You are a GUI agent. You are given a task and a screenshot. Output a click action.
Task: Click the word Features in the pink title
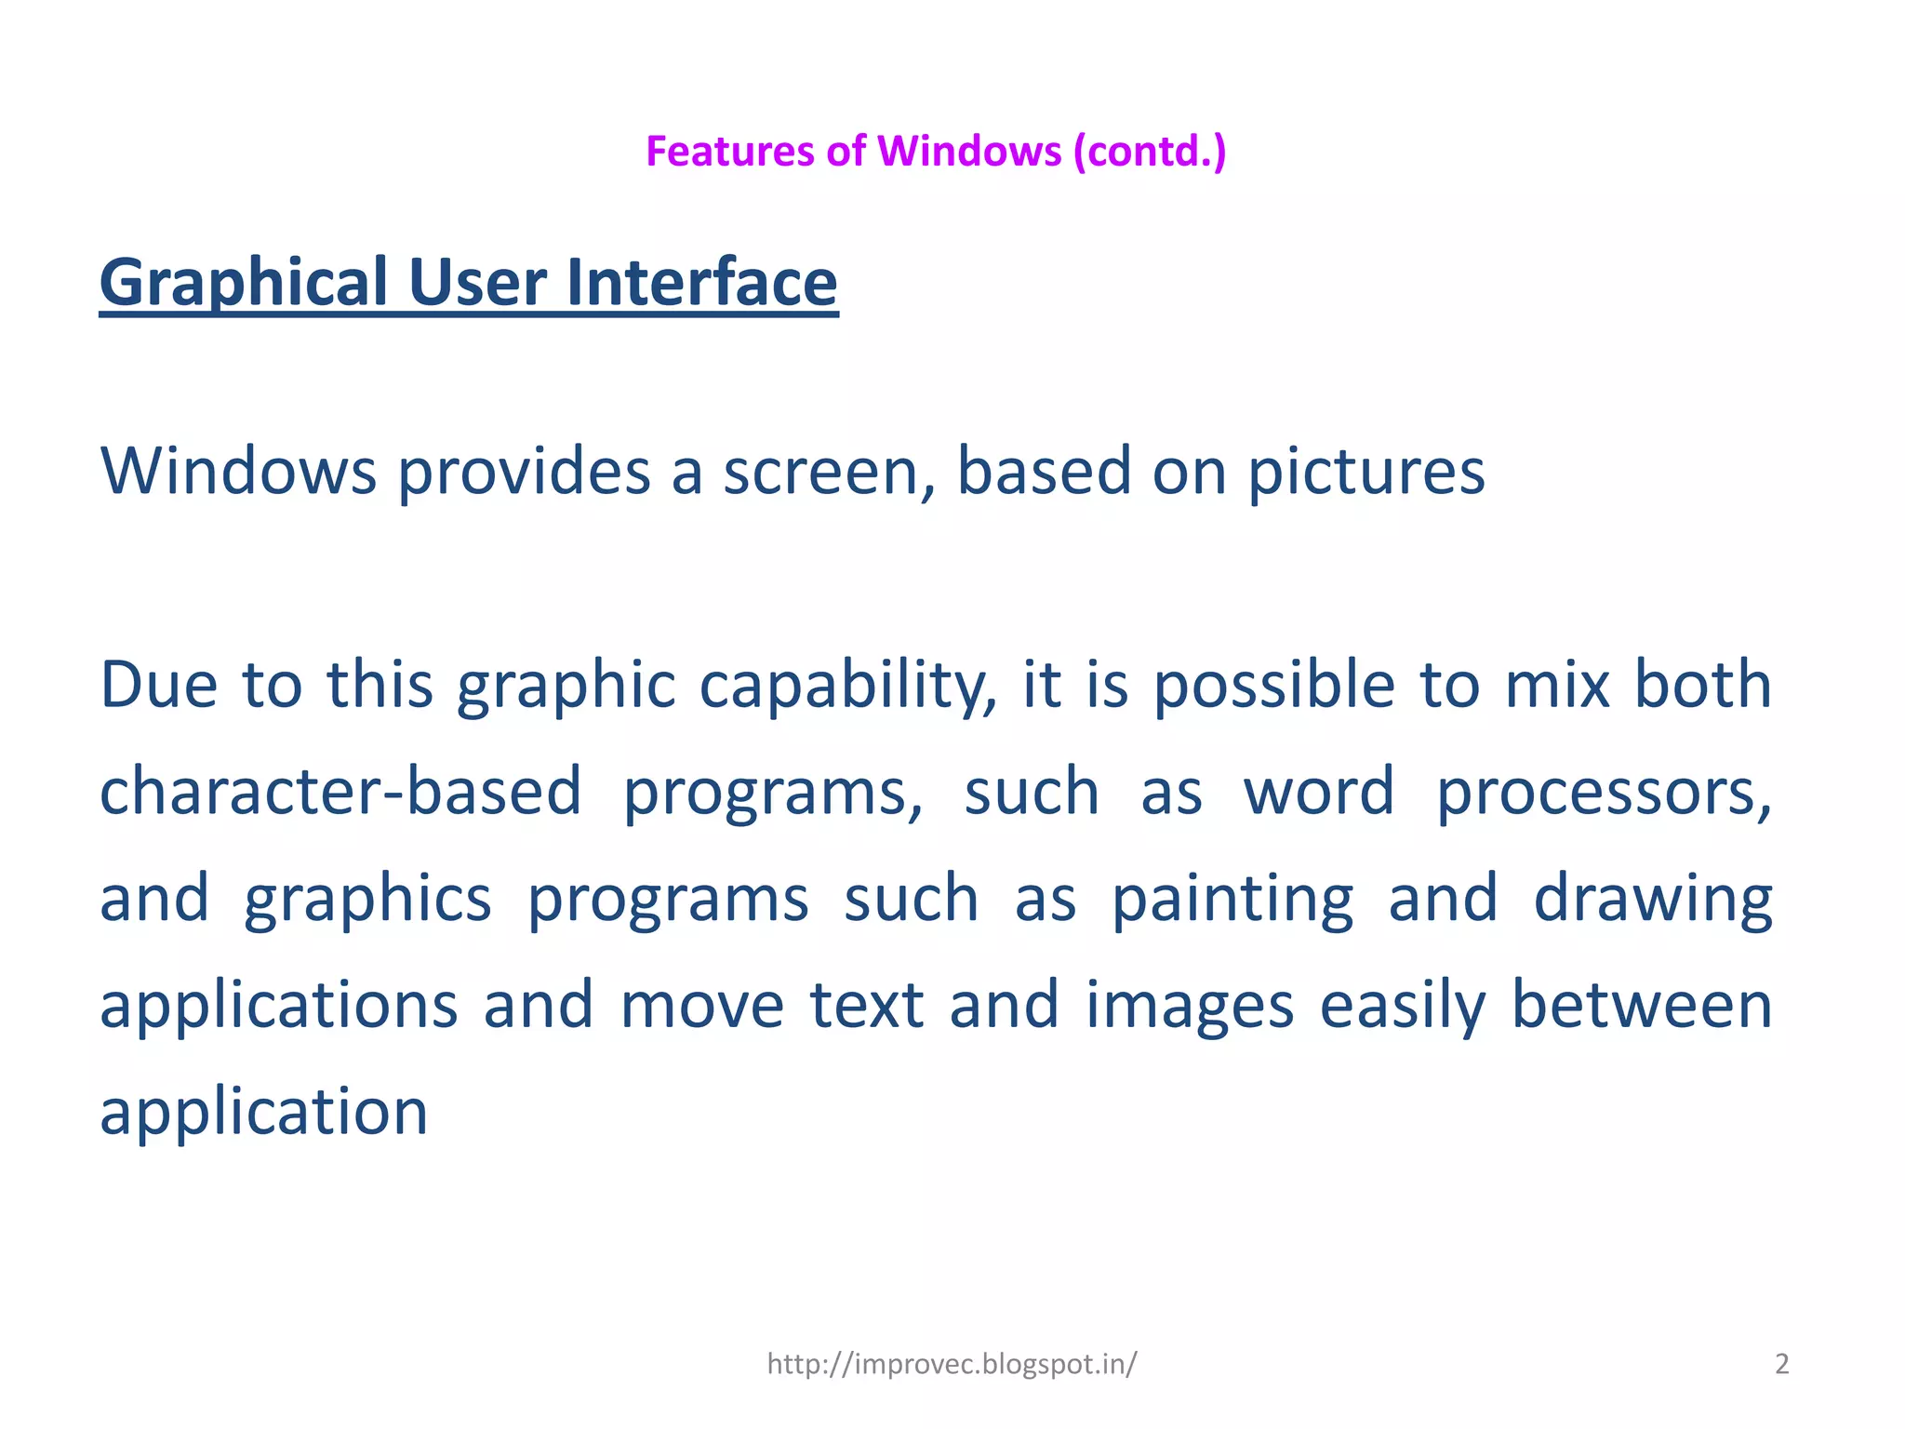[729, 152]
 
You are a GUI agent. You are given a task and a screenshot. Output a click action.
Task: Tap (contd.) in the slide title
[1150, 152]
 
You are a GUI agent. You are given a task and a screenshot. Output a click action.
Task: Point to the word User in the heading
[477, 283]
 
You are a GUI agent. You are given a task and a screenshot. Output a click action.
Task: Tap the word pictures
[1365, 473]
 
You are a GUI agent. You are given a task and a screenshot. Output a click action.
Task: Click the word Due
[158, 686]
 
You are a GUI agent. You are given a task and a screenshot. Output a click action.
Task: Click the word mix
[1557, 686]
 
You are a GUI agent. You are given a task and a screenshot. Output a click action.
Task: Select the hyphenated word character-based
[340, 792]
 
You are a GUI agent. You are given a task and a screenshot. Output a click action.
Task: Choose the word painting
[1232, 900]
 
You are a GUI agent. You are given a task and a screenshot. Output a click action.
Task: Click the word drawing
[1653, 900]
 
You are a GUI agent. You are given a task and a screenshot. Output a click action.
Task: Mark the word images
[1190, 1007]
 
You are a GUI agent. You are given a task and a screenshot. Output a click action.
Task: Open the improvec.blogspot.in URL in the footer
[952, 1364]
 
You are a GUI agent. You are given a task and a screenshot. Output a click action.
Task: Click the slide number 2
[1781, 1364]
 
